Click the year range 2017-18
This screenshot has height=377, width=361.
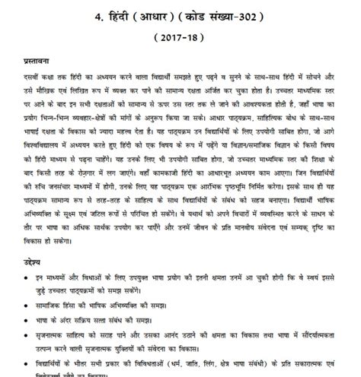point(180,36)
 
